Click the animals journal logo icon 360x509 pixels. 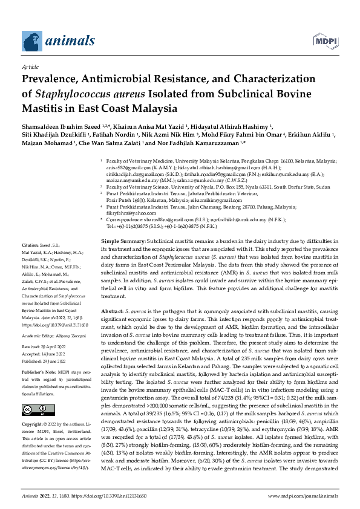click(x=31, y=40)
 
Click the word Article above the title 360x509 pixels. click(x=30, y=68)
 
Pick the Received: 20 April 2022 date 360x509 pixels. click(x=47, y=348)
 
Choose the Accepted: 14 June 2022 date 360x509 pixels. click(x=47, y=355)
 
